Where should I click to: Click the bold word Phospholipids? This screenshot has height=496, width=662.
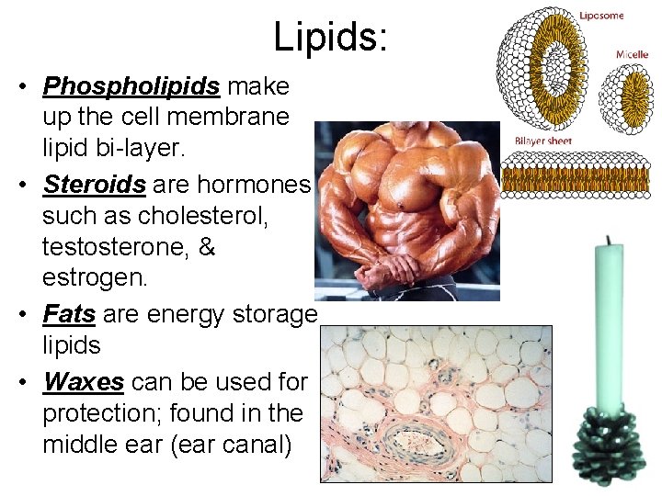pos(131,86)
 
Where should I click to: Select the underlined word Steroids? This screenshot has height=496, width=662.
pos(95,185)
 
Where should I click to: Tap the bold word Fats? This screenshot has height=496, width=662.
pos(69,314)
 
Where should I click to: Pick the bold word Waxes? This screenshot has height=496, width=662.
pos(86,380)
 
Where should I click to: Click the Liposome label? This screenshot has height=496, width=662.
pos(601,16)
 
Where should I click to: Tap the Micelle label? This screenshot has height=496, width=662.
pos(632,54)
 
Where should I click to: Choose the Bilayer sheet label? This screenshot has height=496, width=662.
pos(543,141)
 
